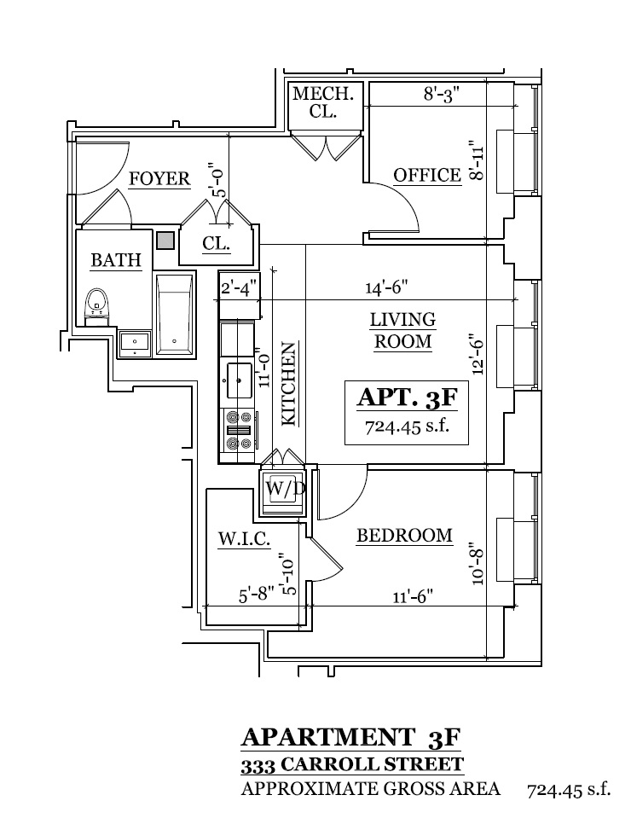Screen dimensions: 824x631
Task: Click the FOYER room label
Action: coord(159,178)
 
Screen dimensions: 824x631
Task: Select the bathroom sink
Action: coord(135,343)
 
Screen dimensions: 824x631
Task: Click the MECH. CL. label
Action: coord(316,102)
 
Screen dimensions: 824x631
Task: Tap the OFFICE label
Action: coord(427,175)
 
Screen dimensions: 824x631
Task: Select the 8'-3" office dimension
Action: coord(442,96)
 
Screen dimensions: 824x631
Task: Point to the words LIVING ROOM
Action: coord(402,330)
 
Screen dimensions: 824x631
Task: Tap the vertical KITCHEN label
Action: coord(289,384)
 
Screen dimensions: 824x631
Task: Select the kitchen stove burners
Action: coord(238,430)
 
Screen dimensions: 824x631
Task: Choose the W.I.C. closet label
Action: coord(245,538)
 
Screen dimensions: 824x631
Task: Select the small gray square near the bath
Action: coord(165,241)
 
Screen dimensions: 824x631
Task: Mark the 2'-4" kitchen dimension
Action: coord(239,288)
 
